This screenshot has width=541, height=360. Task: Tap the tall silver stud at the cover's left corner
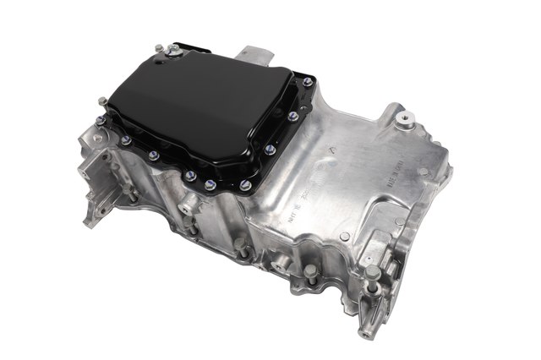tap(102, 103)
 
